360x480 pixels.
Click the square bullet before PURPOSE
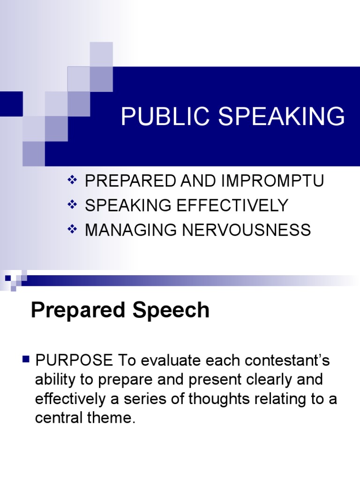pos(26,360)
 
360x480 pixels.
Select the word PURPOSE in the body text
pos(74,360)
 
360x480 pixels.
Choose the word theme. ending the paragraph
pos(113,418)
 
